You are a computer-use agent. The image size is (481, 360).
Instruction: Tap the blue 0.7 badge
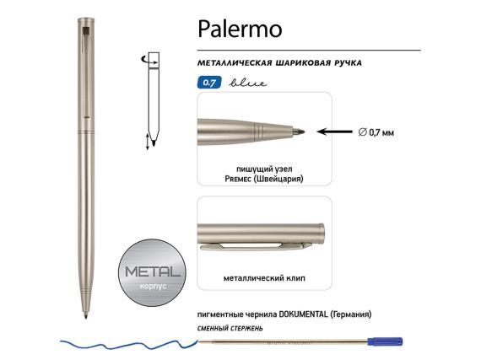point(207,83)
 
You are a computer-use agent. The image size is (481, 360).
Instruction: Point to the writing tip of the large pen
point(89,319)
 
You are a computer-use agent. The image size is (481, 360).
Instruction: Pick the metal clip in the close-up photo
point(249,245)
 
